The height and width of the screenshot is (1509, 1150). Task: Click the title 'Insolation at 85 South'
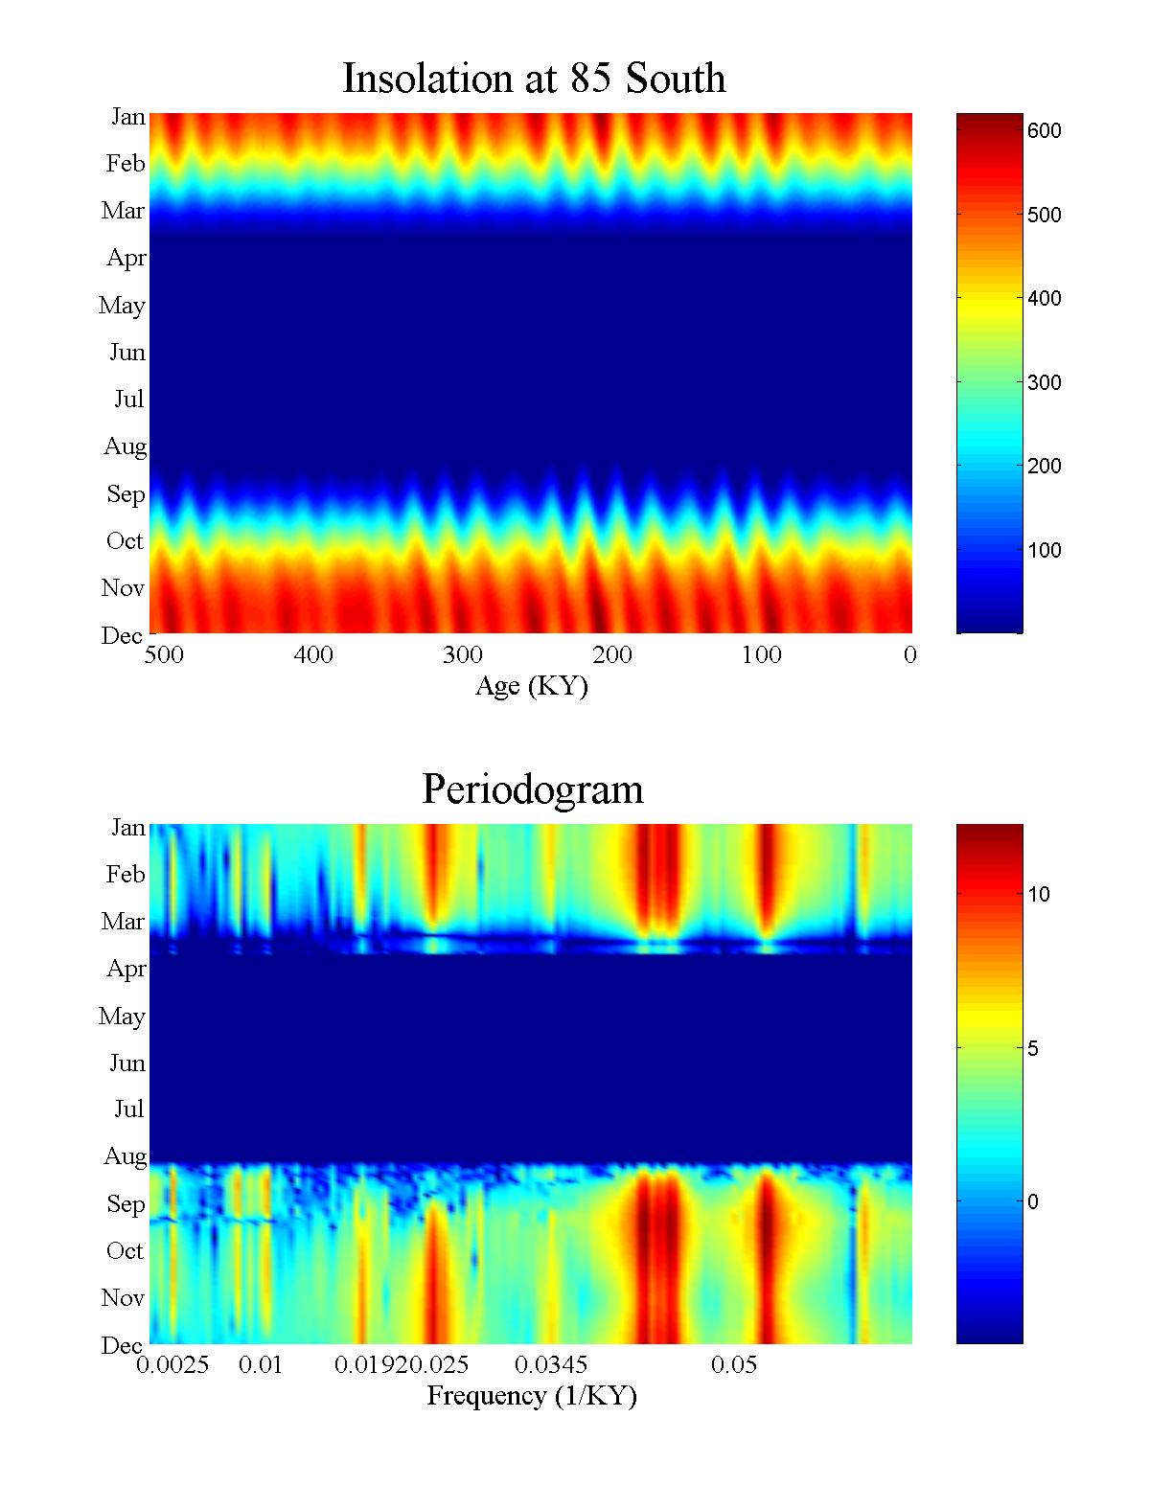pos(534,79)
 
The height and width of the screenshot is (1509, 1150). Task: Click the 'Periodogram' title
pos(533,789)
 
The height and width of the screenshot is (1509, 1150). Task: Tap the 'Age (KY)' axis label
pos(531,686)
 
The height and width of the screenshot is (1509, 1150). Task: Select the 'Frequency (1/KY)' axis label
pos(532,1396)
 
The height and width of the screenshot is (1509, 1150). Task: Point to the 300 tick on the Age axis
pos(462,655)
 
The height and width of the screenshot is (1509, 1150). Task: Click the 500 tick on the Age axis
pos(165,655)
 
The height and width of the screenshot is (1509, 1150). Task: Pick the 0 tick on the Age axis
pos(909,655)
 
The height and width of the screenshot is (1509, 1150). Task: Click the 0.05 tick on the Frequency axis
pos(734,1365)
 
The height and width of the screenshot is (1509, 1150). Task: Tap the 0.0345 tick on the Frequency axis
pos(551,1365)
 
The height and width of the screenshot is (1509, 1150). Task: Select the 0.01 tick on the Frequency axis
pos(261,1365)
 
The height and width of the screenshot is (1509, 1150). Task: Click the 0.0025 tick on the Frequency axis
pos(172,1365)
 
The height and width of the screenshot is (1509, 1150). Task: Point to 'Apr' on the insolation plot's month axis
pos(126,258)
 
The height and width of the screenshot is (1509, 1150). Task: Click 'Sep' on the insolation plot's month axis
pos(126,494)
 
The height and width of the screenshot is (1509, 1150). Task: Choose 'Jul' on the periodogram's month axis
pos(128,1109)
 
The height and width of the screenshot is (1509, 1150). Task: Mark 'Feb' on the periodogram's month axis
pos(126,874)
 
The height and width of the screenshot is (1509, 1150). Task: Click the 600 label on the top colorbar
pos(1044,131)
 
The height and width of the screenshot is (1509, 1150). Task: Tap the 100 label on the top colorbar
pos(1044,551)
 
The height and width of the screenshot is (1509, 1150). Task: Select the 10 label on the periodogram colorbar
pos(1039,895)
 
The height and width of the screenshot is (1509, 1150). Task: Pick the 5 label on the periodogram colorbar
pos(1033,1049)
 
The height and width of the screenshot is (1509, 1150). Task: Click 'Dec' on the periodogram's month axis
pos(122,1346)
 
